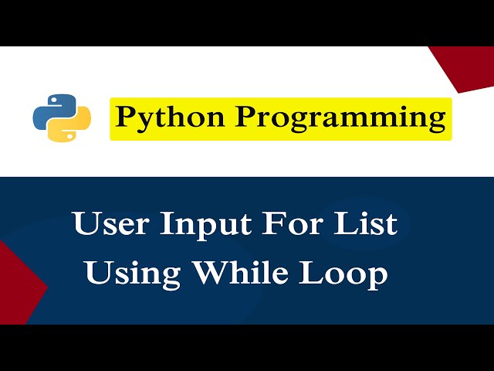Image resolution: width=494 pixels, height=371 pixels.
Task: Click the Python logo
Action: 62,118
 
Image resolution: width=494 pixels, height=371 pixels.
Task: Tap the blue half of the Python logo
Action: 52,110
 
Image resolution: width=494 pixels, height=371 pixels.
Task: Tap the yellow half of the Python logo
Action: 72,128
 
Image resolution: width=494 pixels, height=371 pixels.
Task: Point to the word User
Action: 111,224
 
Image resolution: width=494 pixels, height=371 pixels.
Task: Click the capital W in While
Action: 211,274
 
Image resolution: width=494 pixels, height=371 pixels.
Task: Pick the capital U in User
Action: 86,224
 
